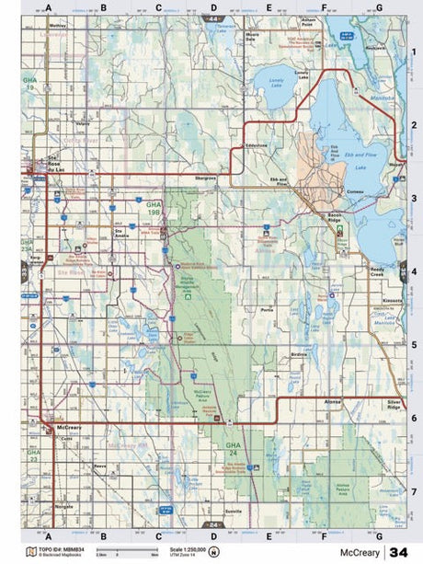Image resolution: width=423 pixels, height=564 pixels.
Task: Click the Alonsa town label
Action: point(333,402)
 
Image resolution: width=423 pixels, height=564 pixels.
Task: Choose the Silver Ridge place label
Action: point(394,404)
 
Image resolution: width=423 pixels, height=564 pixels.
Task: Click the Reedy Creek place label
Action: point(381,272)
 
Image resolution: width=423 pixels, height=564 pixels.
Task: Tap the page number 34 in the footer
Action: point(398,552)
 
